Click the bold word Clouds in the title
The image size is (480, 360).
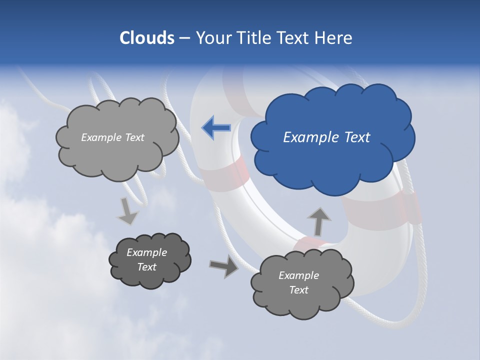(146, 38)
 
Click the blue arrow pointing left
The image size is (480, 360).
(216, 128)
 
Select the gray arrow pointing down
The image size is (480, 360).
(127, 211)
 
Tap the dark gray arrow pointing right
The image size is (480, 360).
(223, 266)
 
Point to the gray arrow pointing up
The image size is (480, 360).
(318, 221)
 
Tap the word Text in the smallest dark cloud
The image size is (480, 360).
(147, 267)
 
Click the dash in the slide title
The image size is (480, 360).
(184, 38)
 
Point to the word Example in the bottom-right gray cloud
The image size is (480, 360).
(298, 275)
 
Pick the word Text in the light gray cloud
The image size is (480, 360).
(134, 137)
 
